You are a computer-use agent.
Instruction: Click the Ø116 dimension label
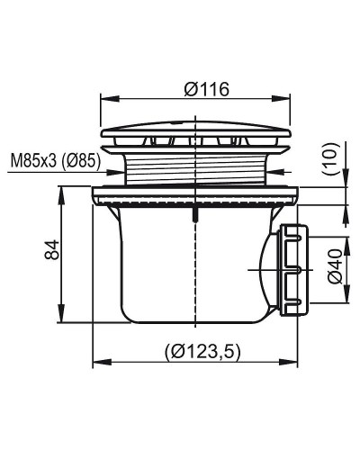point(207,89)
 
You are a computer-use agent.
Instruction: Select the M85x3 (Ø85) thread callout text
point(56,161)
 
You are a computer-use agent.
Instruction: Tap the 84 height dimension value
point(51,249)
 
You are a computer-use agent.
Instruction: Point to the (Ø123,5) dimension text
point(202,351)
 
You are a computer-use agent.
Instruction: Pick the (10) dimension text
point(333,159)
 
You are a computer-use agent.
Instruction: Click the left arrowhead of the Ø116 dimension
point(110,99)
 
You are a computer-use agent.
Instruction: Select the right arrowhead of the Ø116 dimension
point(281,99)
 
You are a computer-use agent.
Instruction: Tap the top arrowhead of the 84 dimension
point(61,196)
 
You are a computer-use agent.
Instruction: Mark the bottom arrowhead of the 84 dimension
point(61,313)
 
